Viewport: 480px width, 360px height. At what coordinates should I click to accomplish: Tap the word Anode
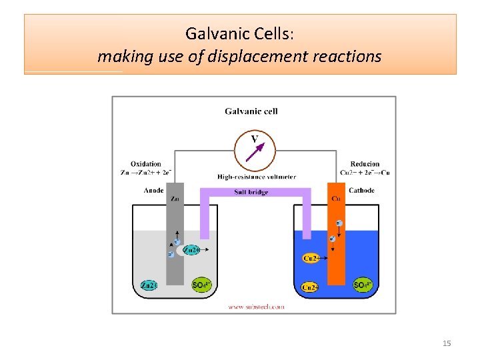click(153, 191)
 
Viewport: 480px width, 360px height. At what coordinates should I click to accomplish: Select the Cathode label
click(361, 191)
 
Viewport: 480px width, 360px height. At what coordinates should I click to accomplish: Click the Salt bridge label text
click(251, 193)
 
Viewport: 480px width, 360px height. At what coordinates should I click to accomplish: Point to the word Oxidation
click(146, 164)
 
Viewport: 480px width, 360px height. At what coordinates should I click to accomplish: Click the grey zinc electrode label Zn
click(175, 199)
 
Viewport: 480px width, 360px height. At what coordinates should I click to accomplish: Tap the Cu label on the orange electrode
click(336, 199)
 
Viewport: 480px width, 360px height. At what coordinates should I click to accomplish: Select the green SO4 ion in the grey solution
click(201, 285)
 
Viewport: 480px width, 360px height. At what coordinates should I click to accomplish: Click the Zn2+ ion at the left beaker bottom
click(149, 285)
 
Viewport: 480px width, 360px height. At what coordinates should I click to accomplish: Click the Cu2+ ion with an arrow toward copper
click(311, 258)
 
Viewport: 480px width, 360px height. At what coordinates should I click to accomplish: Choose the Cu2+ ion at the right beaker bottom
click(309, 287)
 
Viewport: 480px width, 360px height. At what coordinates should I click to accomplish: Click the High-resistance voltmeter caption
click(257, 177)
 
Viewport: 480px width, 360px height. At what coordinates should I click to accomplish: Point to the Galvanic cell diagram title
click(251, 111)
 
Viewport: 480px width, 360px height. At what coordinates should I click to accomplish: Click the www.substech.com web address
click(256, 307)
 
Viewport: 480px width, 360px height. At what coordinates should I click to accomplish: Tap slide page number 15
click(447, 343)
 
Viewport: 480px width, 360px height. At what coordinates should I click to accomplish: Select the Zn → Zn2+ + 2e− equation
click(146, 173)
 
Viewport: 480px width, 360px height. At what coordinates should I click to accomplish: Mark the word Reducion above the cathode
click(365, 164)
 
